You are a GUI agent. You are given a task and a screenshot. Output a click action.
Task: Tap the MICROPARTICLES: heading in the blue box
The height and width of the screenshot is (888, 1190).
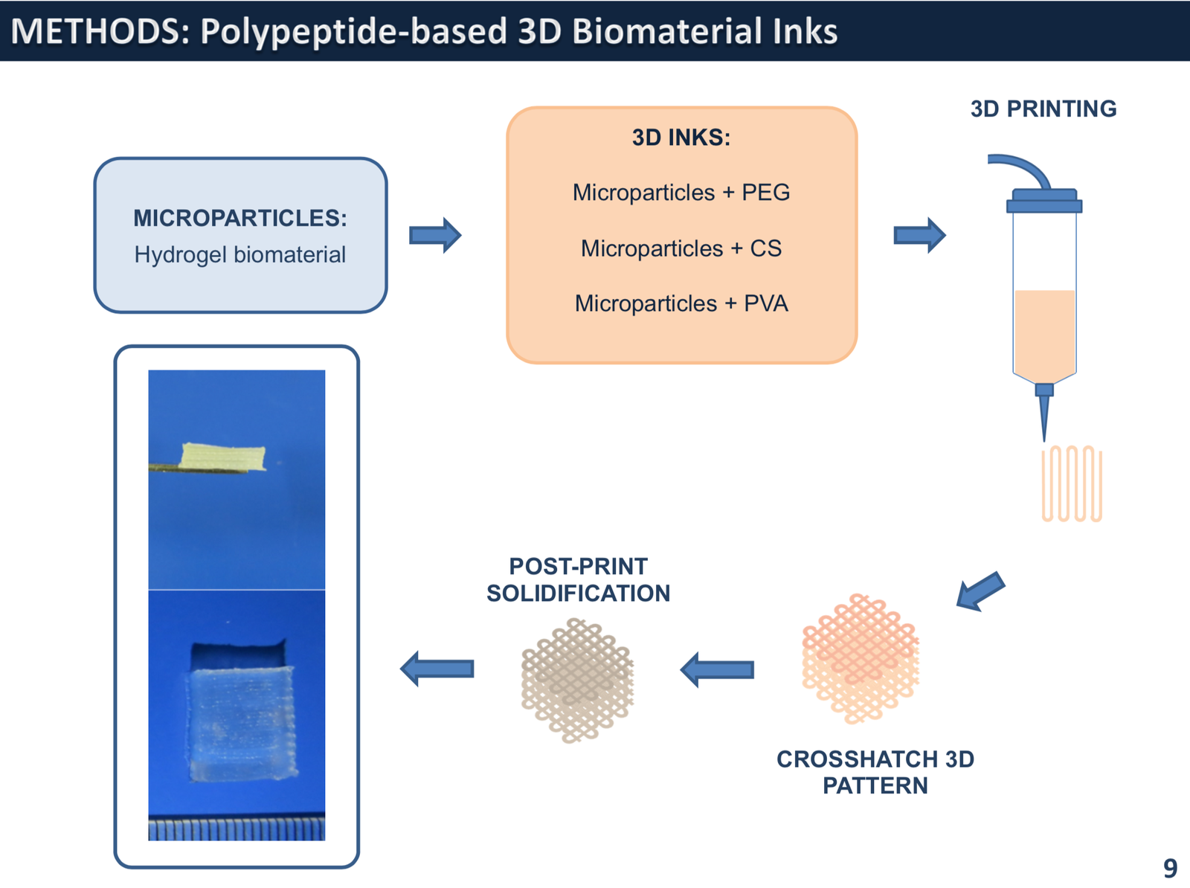click(x=239, y=218)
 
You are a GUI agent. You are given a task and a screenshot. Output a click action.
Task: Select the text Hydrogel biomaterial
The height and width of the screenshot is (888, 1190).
click(x=239, y=254)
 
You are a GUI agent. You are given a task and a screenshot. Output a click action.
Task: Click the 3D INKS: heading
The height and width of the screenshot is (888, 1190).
click(x=681, y=138)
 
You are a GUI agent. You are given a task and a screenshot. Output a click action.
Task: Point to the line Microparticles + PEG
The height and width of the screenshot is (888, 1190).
click(x=681, y=193)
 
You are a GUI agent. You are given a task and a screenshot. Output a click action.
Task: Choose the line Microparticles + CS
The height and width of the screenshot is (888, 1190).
click(x=681, y=248)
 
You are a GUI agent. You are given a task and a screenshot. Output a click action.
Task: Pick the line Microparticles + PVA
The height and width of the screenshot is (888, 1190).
click(x=681, y=303)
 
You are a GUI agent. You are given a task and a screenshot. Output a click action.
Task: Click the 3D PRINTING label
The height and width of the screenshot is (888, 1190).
click(x=1043, y=109)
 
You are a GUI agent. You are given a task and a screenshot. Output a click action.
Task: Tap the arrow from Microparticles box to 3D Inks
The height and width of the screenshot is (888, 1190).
click(x=435, y=236)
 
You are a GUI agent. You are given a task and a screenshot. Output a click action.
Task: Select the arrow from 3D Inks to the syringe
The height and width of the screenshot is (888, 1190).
click(x=919, y=236)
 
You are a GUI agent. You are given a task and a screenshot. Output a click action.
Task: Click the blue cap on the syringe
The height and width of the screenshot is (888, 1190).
click(x=1043, y=202)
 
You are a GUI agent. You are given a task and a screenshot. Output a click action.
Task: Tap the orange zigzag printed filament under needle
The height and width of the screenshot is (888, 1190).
click(x=1072, y=483)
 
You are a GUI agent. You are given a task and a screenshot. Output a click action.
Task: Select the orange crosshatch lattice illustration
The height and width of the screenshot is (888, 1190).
click(x=861, y=659)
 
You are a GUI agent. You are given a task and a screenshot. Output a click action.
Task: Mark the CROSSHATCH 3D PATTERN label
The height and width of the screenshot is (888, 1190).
click(x=875, y=772)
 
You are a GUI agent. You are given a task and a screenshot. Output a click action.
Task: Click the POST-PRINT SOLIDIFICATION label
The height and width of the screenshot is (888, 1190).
click(x=578, y=580)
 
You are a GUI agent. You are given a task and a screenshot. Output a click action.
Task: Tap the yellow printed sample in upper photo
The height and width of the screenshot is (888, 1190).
click(x=223, y=457)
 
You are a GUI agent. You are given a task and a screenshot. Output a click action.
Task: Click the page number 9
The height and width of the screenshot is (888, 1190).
click(x=1170, y=868)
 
